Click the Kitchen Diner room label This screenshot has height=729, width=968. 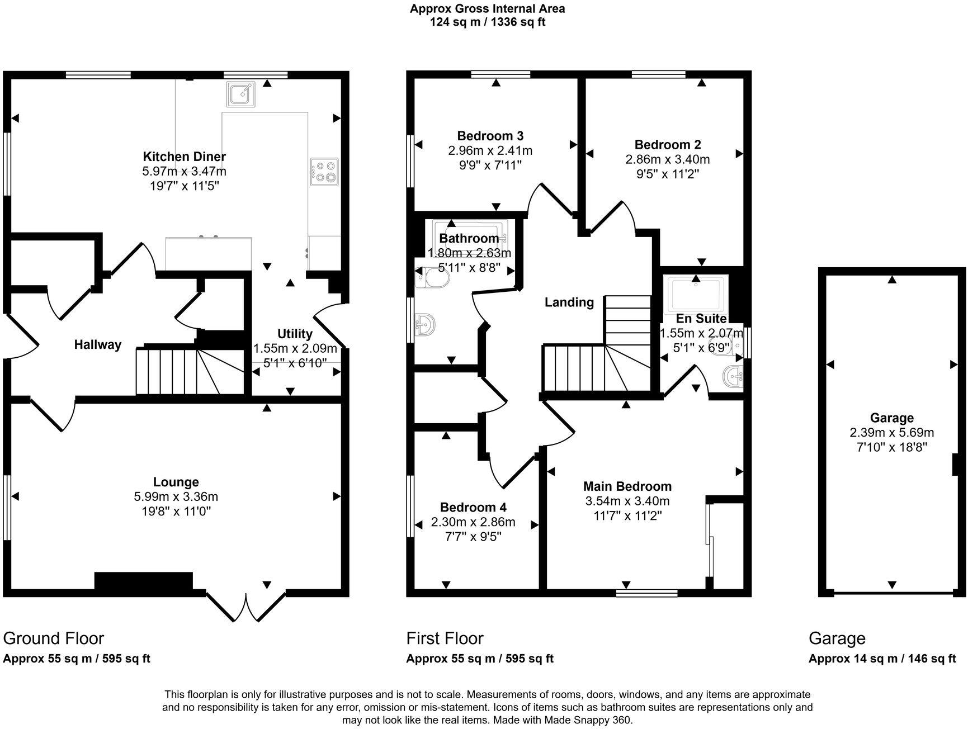[184, 157]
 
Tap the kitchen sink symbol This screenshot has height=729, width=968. [241, 94]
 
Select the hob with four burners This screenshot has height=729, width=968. [324, 171]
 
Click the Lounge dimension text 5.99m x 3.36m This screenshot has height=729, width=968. [176, 496]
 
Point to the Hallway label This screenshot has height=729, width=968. [98, 345]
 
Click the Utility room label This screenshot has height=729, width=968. [295, 334]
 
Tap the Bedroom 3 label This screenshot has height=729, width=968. [490, 136]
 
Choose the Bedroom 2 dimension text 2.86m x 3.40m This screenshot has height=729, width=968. [667, 159]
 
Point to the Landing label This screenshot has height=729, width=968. [569, 302]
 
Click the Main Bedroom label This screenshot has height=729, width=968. [627, 486]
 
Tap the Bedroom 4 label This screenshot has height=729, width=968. [473, 508]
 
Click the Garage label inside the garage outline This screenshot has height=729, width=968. [891, 418]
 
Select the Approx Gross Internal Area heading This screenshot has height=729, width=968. [487, 9]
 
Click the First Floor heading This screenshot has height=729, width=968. [445, 638]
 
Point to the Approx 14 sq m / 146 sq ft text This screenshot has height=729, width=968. [882, 659]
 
